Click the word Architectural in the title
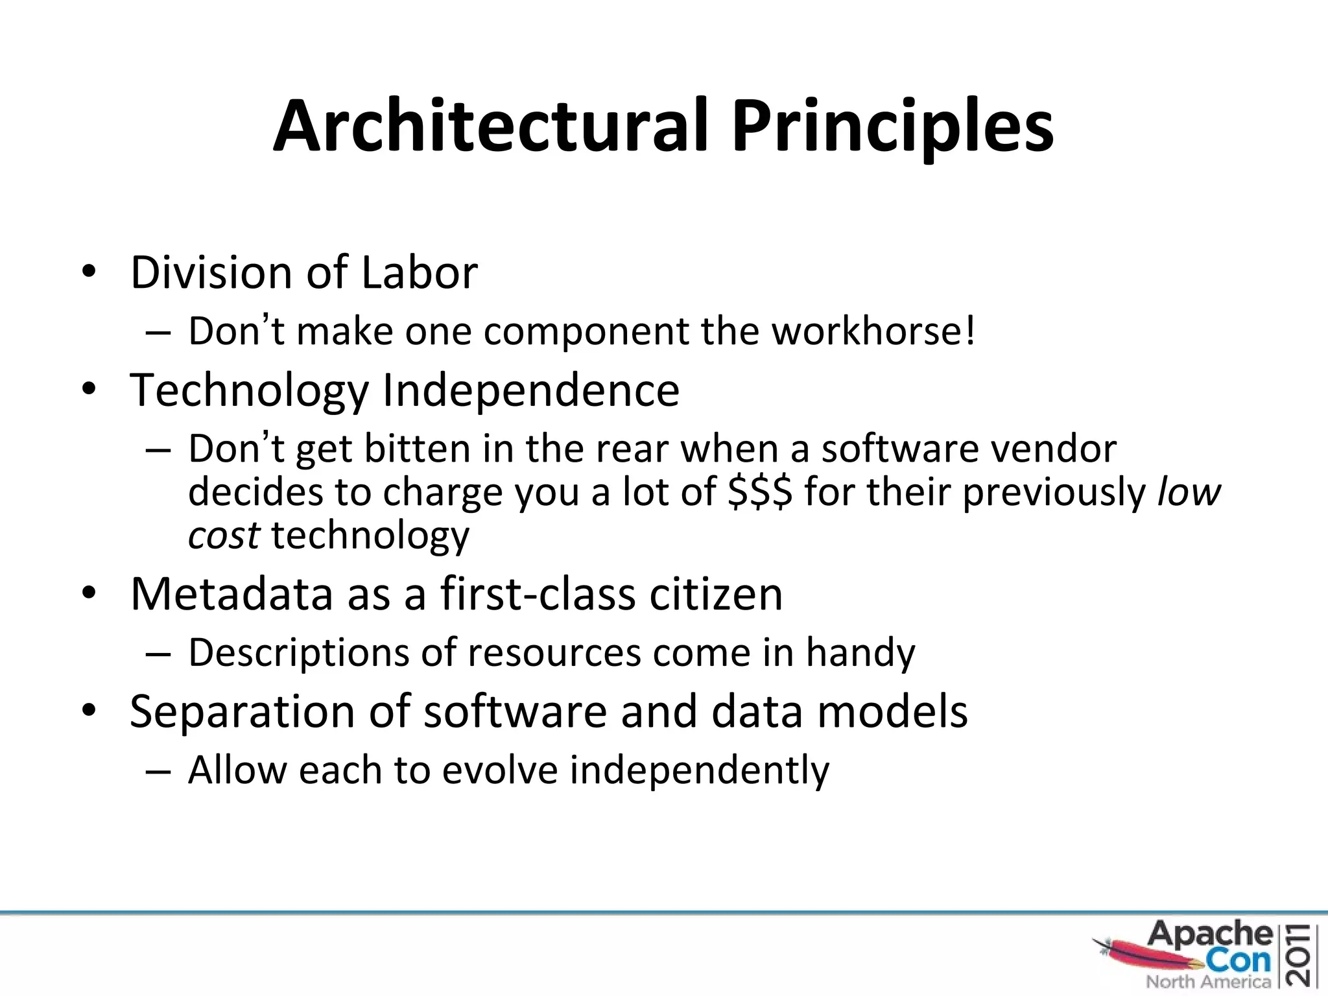490,126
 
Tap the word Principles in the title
892,126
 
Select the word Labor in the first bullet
419,272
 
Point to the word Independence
530,390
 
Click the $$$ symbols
759,492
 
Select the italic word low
1189,492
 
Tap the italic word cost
224,536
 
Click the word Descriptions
298,652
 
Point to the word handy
860,652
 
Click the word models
892,711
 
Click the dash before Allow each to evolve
158,772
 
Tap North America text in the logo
1208,982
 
